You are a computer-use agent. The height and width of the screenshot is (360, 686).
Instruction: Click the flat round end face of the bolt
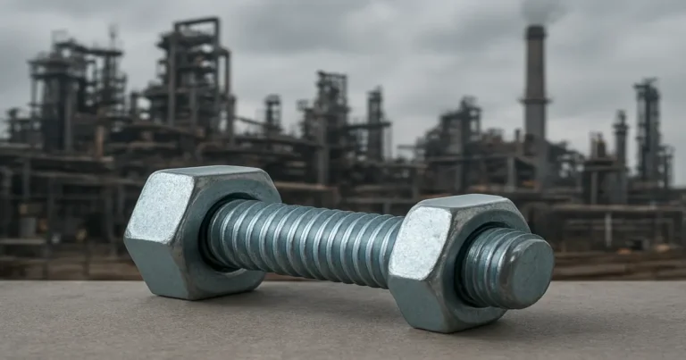pos(530,270)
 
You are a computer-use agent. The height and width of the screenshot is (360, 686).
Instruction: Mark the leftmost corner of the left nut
pos(126,237)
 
